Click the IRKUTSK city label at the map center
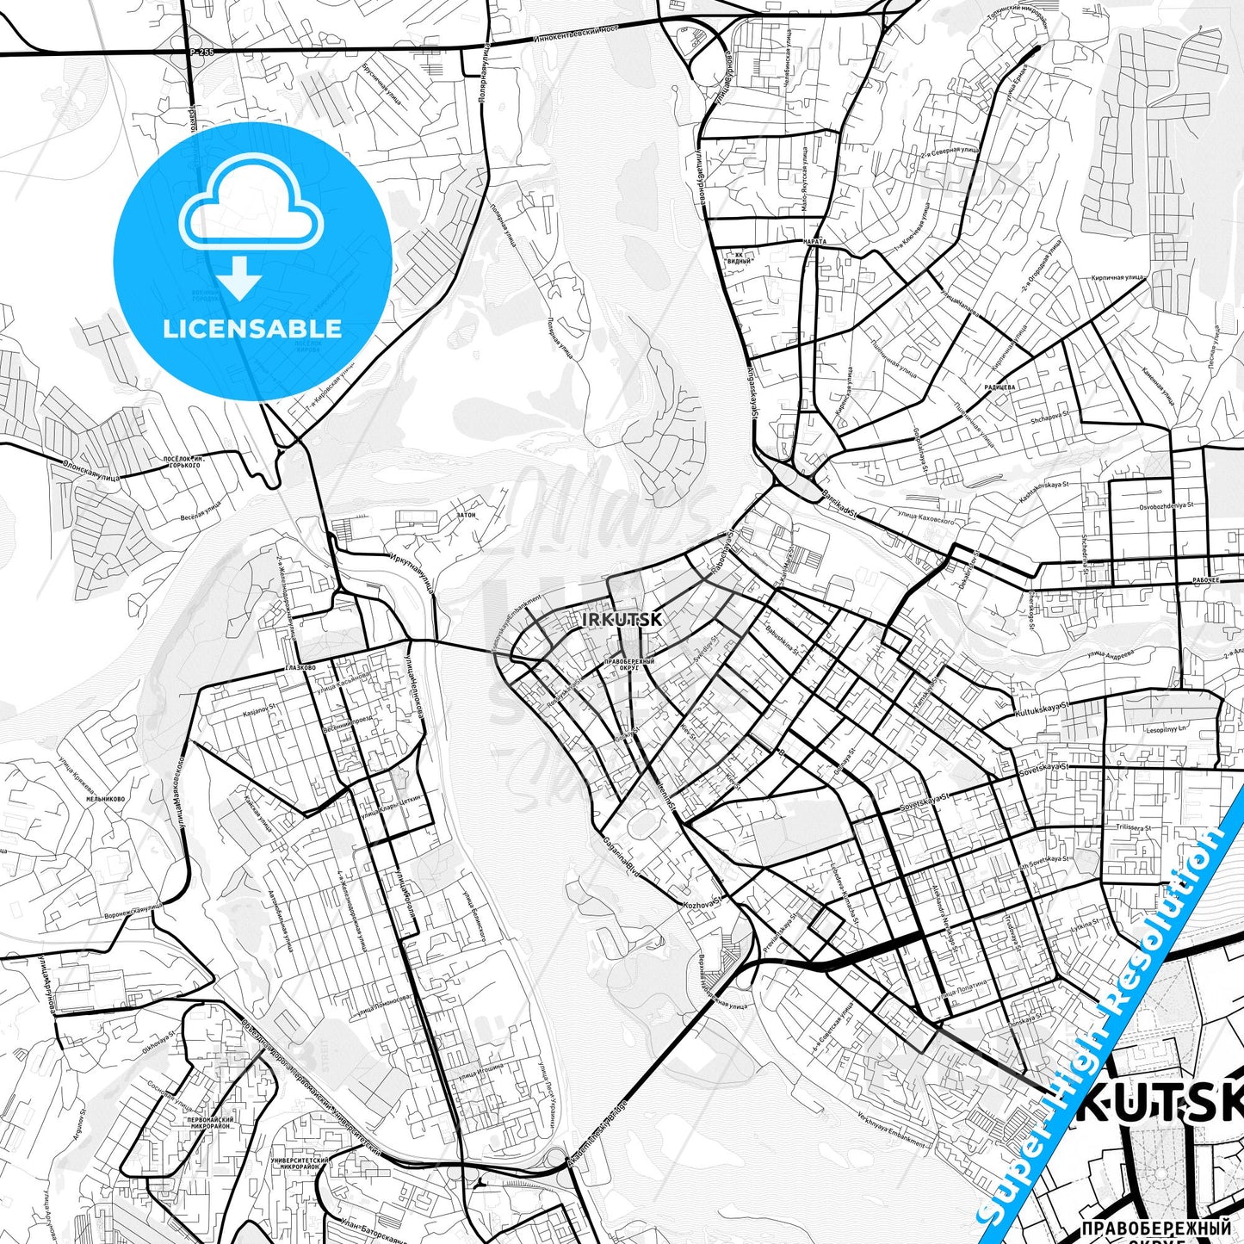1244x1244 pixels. [610, 619]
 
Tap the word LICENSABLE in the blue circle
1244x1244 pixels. [252, 328]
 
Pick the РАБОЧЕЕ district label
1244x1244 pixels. [1205, 580]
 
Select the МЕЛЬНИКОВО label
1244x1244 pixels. [105, 799]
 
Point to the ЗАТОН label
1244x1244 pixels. [466, 515]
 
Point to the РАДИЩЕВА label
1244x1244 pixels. [999, 387]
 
